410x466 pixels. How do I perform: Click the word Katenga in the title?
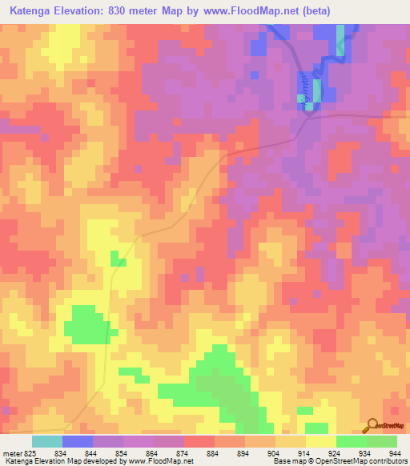tap(32, 12)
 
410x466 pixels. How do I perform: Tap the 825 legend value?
tap(26, 452)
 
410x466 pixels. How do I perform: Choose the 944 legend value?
tap(393, 452)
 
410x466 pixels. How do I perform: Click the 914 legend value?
tap(302, 452)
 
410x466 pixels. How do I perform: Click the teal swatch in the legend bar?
tap(47, 441)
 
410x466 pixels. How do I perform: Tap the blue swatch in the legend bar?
tap(78, 441)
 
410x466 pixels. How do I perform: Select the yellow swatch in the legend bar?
tap(321, 441)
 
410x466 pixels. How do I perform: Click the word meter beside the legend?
tap(9, 452)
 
